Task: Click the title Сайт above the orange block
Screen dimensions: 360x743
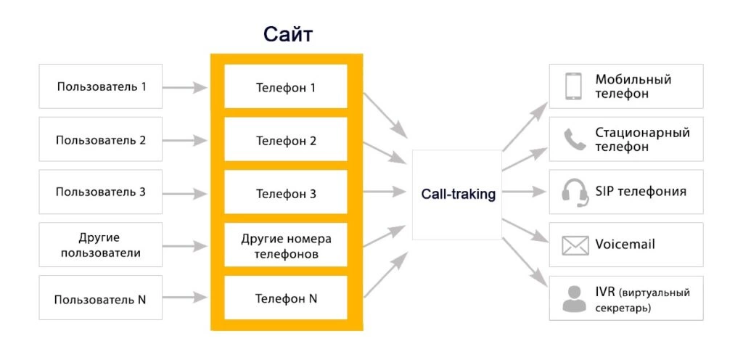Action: [288, 35]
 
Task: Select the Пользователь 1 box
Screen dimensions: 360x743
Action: [101, 86]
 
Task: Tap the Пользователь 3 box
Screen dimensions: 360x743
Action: [101, 192]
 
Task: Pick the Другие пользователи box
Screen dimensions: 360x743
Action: [101, 245]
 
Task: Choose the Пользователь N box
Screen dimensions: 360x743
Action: [101, 298]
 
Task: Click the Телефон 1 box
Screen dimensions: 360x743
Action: [286, 88]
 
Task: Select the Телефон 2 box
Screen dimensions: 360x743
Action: [286, 140]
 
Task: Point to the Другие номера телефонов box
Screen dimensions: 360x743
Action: [286, 246]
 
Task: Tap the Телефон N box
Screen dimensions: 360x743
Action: [286, 298]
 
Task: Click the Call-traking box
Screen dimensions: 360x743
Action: [458, 194]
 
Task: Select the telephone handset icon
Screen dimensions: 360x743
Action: [575, 139]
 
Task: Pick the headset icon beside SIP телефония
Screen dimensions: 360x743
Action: [575, 192]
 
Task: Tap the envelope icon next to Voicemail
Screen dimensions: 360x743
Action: [575, 245]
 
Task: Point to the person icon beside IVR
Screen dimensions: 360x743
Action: [575, 298]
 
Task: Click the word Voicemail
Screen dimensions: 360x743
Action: [625, 245]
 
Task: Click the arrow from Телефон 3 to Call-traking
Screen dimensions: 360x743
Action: [384, 193]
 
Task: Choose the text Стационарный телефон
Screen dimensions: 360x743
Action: [642, 139]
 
